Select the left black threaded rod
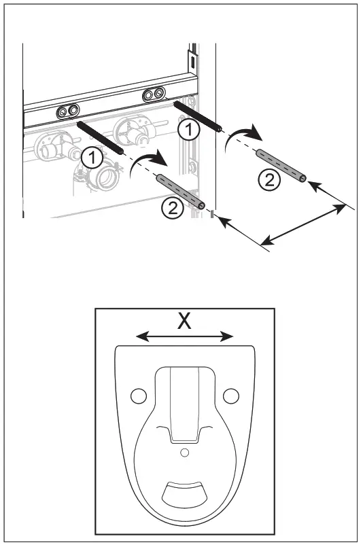tap(99, 137)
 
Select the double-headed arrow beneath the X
tap(184, 336)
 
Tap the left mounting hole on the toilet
tap(138, 395)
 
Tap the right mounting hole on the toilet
tap(231, 395)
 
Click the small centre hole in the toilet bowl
tap(184, 451)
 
